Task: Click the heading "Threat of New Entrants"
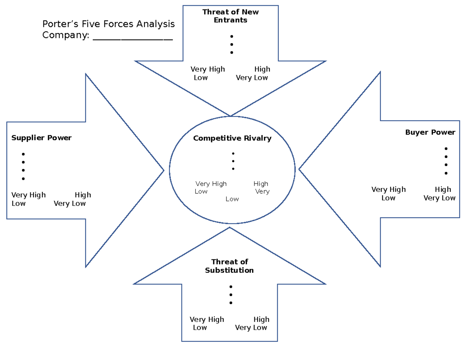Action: coord(230,16)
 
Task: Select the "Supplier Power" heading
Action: coord(41,138)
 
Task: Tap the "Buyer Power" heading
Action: coord(430,132)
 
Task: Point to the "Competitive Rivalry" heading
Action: coord(232,138)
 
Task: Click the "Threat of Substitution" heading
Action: coord(230,266)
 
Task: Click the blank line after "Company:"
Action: coord(133,36)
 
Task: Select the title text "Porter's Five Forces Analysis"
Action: coord(108,24)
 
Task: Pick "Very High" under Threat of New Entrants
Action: coord(207,70)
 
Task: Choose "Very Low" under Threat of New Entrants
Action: coord(252,78)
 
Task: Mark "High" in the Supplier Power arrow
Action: coord(83,195)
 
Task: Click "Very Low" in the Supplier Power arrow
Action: coord(70,203)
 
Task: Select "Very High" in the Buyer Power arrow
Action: coord(388,190)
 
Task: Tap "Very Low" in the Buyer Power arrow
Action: coord(439,198)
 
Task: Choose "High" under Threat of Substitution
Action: coord(261,320)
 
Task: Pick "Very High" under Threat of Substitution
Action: coord(207,320)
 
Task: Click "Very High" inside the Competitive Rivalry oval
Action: coord(211,184)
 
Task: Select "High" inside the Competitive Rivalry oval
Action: coord(261,184)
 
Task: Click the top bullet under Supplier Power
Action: coord(23,154)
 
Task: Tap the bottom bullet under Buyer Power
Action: coord(446,173)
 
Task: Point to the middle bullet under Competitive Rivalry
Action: coord(233,161)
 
